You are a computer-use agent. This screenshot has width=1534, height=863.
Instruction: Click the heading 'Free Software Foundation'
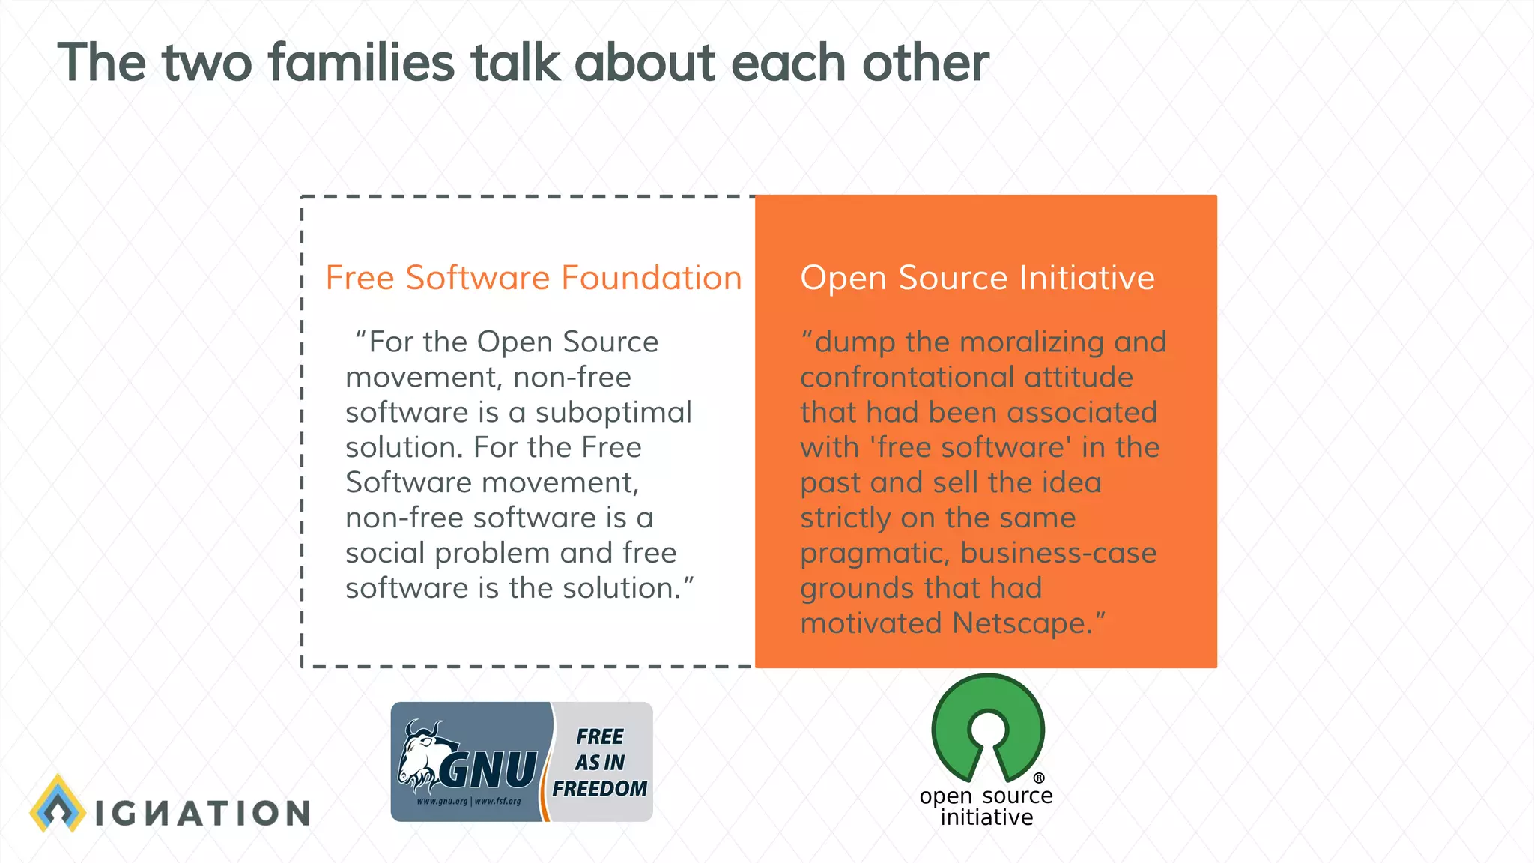(x=533, y=278)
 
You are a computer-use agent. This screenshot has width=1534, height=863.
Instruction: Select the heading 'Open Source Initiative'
(x=977, y=278)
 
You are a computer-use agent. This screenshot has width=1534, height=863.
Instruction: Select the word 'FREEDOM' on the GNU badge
(x=599, y=789)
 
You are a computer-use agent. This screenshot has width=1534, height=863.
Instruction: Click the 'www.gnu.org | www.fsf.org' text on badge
(x=469, y=801)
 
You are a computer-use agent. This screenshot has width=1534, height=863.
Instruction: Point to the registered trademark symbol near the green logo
(x=1039, y=778)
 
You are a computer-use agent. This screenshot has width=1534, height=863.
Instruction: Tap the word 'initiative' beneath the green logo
(x=986, y=817)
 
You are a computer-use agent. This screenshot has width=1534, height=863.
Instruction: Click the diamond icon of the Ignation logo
(x=58, y=804)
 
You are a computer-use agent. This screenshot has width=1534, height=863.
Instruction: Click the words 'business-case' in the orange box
(x=1058, y=553)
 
